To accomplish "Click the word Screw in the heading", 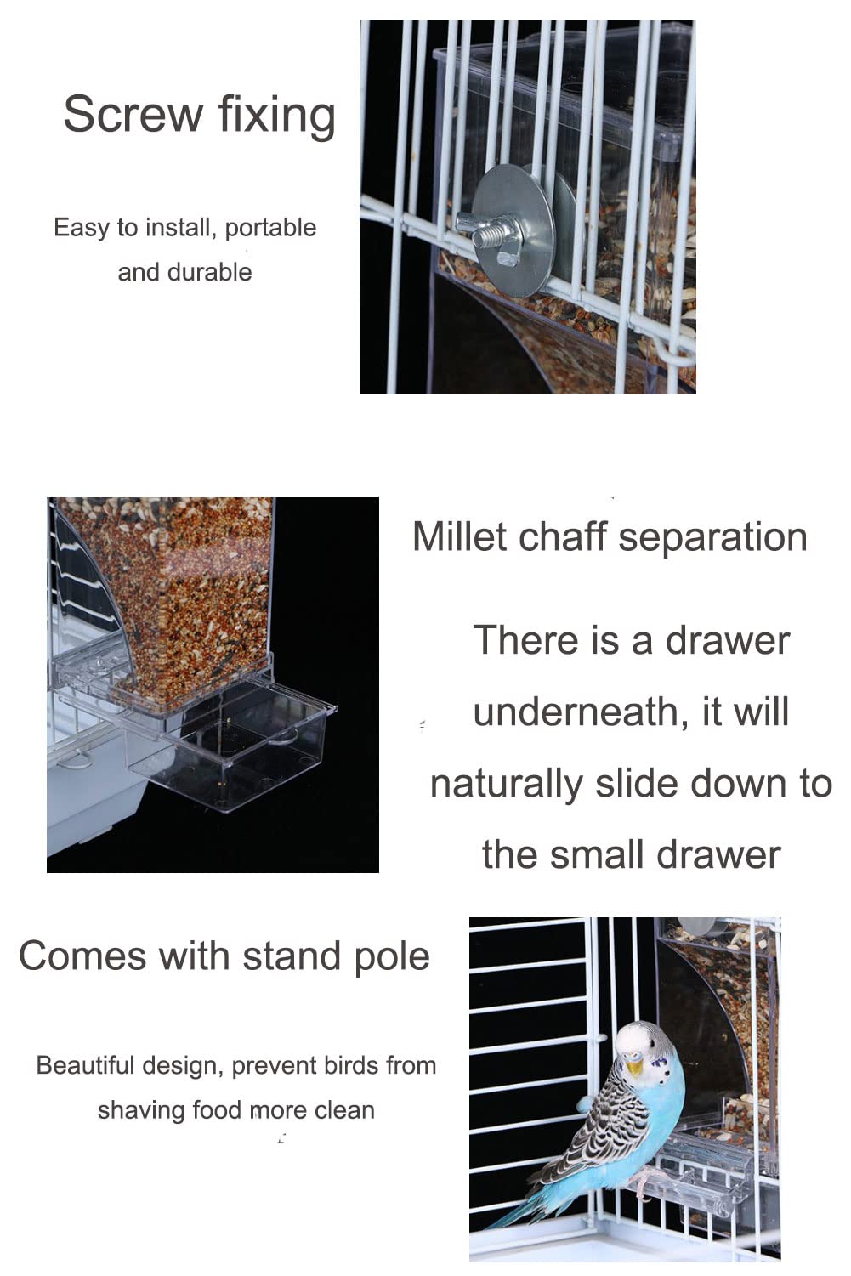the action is click(133, 114).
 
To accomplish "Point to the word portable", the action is click(270, 229).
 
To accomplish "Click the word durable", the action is click(210, 272).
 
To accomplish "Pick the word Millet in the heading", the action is click(460, 536).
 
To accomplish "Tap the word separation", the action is click(712, 538).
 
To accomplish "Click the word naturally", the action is click(507, 785).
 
